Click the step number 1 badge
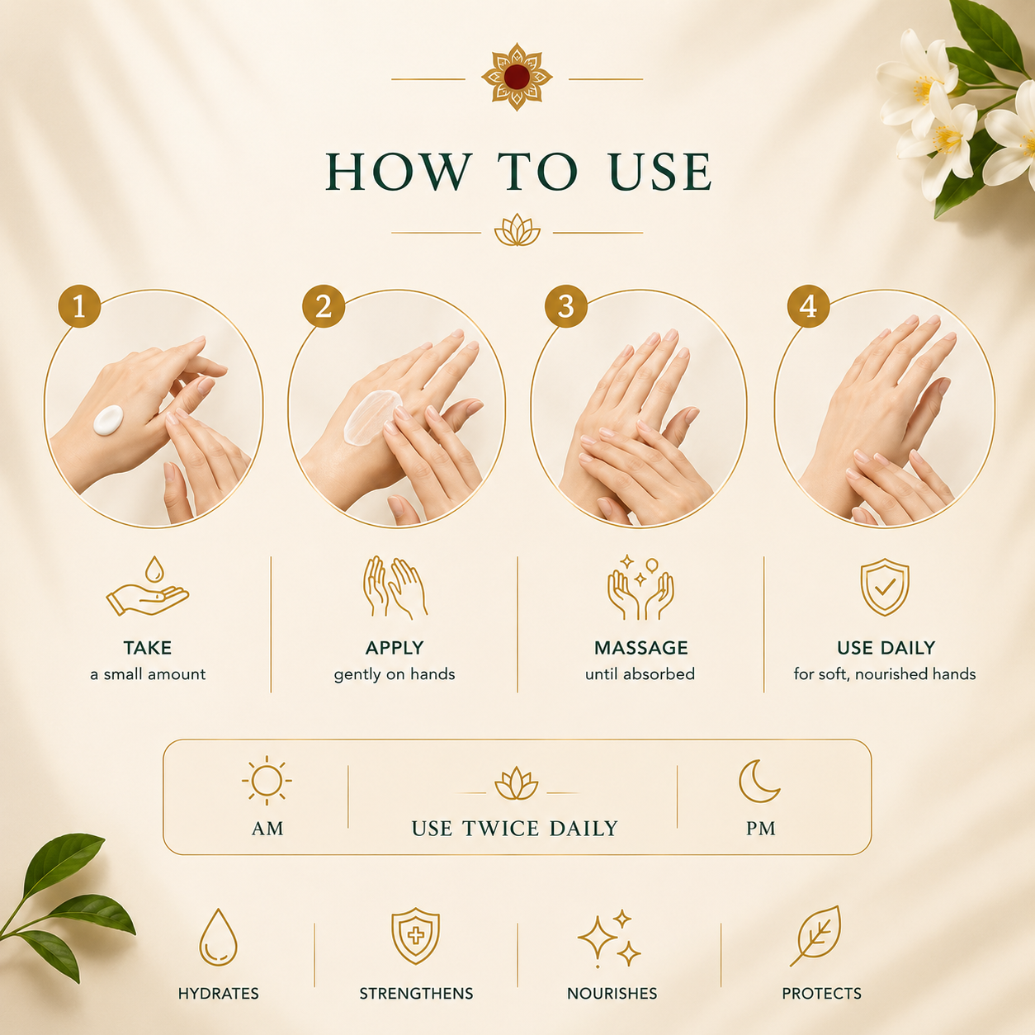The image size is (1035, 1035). [x=79, y=306]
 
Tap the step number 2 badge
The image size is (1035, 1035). [x=324, y=306]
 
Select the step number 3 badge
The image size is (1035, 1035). [x=566, y=306]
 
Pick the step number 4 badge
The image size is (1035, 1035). [x=808, y=306]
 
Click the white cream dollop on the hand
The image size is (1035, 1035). [x=108, y=419]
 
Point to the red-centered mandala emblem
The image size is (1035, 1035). [x=517, y=77]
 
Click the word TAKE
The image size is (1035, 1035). [x=148, y=648]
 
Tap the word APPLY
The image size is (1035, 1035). [x=395, y=648]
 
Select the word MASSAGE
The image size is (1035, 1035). [x=640, y=648]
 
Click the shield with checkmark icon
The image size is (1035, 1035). [x=885, y=587]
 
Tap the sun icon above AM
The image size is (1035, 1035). [x=267, y=781]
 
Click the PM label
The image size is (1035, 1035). [x=760, y=829]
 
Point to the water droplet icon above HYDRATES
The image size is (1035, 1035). [x=218, y=940]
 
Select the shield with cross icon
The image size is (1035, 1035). [x=416, y=936]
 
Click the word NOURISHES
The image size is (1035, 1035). [x=612, y=994]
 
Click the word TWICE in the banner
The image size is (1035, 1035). [x=501, y=829]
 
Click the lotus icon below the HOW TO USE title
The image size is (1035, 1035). [x=517, y=230]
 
